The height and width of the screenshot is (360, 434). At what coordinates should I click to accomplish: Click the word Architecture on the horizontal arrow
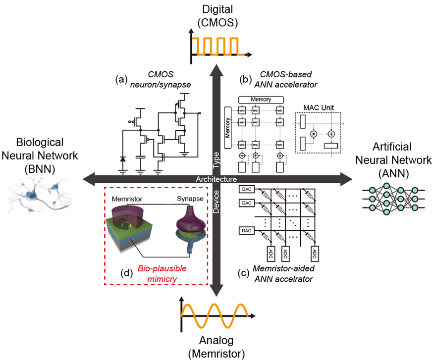pos(216,179)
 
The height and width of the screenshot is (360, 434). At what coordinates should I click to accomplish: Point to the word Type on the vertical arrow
pos(217,158)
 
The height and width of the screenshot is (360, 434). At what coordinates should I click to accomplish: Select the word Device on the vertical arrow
pos(217,203)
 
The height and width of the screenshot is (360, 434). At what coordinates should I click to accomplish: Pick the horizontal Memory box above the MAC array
pos(261,100)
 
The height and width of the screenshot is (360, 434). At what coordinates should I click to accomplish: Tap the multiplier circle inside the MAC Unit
pos(313,134)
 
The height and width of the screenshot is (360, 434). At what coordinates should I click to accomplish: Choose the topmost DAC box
pos(246,189)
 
